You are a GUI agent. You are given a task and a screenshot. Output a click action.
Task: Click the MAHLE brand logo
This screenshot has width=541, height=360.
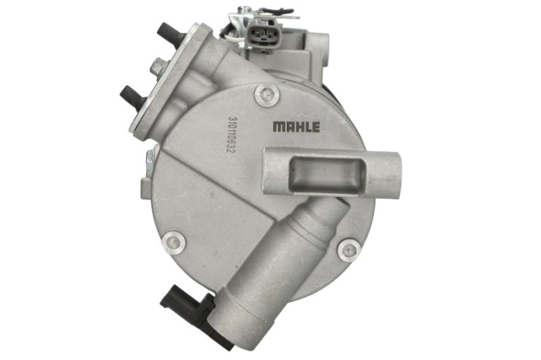(x=296, y=127)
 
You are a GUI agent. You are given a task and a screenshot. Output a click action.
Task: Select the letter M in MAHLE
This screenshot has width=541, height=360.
(x=277, y=127)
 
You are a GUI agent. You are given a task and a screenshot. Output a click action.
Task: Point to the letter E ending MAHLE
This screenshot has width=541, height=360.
(x=316, y=127)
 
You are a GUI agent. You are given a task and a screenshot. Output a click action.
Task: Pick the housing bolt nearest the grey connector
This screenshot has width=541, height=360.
(x=267, y=94)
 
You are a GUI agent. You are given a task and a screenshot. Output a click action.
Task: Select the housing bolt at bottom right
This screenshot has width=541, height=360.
(x=349, y=249)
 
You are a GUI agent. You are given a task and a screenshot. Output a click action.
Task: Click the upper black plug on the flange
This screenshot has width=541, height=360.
(x=172, y=32)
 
